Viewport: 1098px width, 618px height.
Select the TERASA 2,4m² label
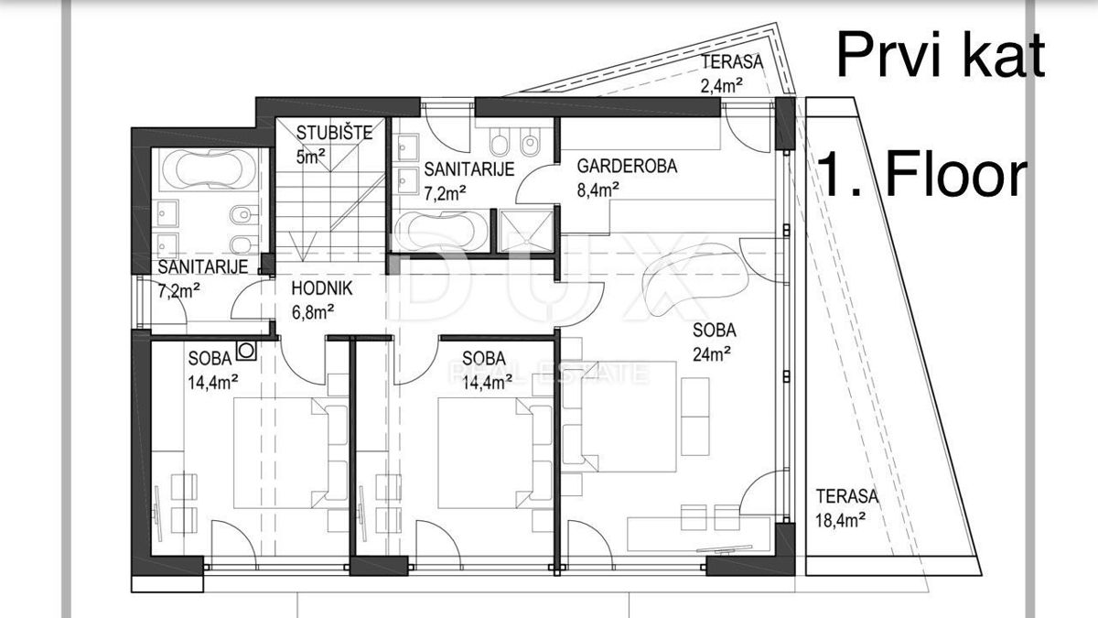pyautogui.click(x=734, y=74)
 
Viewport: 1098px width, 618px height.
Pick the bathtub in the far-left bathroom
pyautogui.click(x=202, y=170)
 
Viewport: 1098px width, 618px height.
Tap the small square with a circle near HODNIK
pyautogui.click(x=245, y=350)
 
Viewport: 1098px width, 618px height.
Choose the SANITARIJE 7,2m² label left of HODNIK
pyautogui.click(x=201, y=277)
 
